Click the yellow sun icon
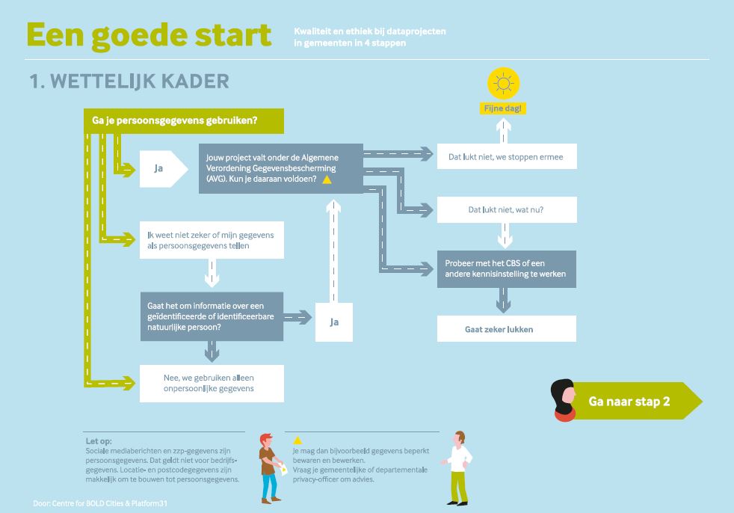(503, 84)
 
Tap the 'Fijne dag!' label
(503, 108)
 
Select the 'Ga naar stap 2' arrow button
(637, 401)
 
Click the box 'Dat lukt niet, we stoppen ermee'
(507, 156)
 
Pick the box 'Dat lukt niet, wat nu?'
(507, 209)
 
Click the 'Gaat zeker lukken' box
(507, 329)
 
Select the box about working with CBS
(507, 269)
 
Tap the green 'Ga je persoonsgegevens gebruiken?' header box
(184, 121)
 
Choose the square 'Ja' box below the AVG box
(334, 322)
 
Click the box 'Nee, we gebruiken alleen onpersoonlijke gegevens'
(212, 383)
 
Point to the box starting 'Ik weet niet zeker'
(212, 240)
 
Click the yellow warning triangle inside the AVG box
(327, 179)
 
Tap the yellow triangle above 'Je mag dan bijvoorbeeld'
(297, 440)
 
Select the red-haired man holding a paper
(271, 468)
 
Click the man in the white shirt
(457, 468)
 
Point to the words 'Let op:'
(99, 441)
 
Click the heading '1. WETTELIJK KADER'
(129, 82)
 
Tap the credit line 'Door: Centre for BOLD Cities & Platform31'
(100, 503)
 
